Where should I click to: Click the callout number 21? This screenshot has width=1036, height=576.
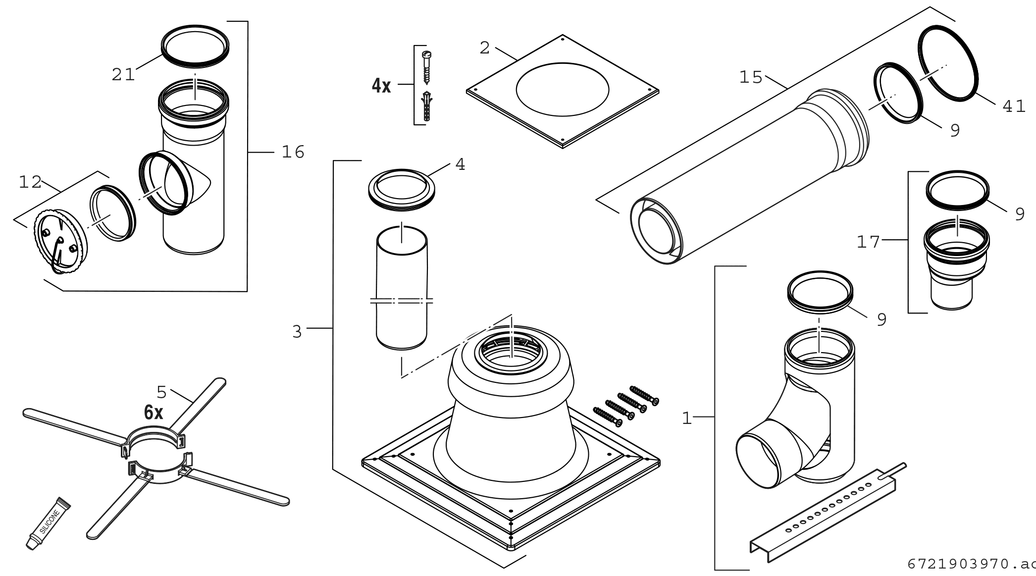point(123,75)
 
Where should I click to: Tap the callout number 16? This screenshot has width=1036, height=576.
point(293,152)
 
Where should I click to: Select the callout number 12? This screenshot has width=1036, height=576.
point(30,182)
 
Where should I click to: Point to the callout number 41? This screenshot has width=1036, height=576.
point(1014,106)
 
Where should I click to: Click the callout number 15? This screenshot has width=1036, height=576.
point(751,77)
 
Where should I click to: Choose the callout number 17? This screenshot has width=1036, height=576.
point(869,242)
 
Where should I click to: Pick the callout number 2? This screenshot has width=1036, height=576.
point(484,48)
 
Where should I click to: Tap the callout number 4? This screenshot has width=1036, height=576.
point(460,164)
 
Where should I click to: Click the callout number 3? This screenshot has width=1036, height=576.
point(297,331)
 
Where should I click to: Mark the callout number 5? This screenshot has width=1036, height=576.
point(161,392)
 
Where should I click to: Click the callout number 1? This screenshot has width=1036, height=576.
point(686,419)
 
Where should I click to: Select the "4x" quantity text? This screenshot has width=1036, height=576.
point(381,86)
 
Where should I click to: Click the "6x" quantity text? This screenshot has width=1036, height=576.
point(154,413)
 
